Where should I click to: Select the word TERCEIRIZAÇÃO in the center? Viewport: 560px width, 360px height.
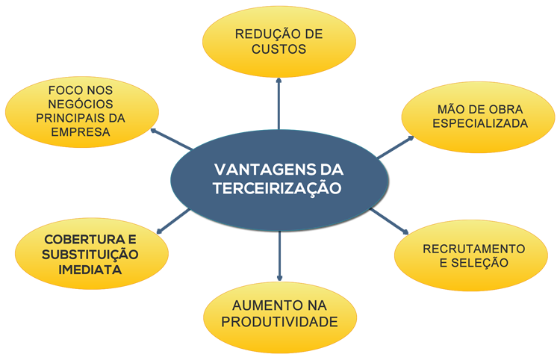(277, 187)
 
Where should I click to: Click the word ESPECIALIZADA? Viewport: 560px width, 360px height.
(479, 123)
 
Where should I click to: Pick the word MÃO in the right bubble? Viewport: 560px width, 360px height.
(447, 109)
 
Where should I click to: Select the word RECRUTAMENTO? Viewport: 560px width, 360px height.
(473, 248)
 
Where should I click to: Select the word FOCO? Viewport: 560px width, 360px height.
(68, 90)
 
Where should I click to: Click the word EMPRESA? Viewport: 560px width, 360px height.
(81, 132)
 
